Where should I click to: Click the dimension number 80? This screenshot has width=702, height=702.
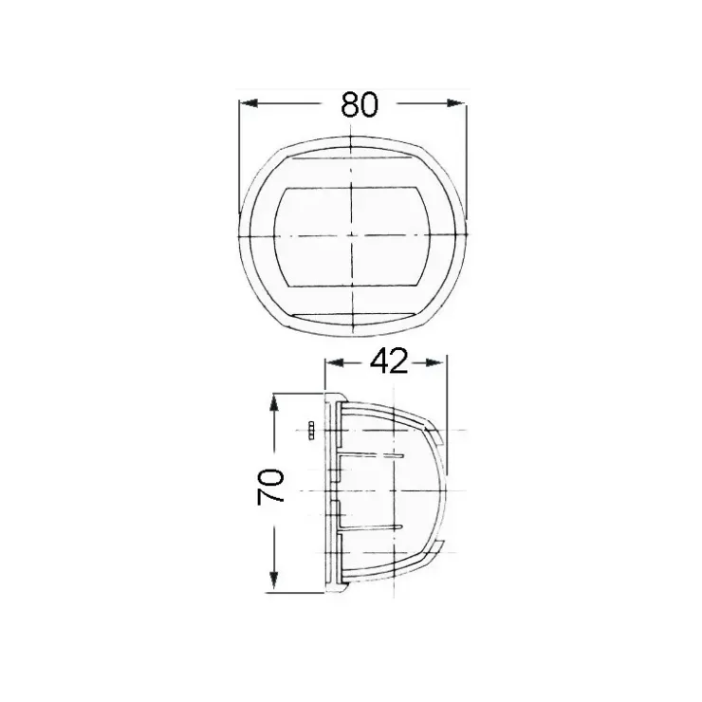pyautogui.click(x=360, y=104)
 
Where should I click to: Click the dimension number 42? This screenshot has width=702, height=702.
pyautogui.click(x=389, y=361)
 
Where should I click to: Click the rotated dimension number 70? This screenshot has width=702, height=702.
pyautogui.click(x=270, y=487)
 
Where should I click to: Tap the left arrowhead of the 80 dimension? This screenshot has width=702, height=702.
pyautogui.click(x=249, y=103)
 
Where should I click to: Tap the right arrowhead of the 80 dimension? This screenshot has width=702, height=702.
pyautogui.click(x=455, y=103)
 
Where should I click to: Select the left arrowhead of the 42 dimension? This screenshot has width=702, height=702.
pyautogui.click(x=335, y=362)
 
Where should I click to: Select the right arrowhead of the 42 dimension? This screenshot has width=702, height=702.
pyautogui.click(x=437, y=362)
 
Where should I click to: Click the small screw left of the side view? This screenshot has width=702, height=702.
pyautogui.click(x=311, y=431)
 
